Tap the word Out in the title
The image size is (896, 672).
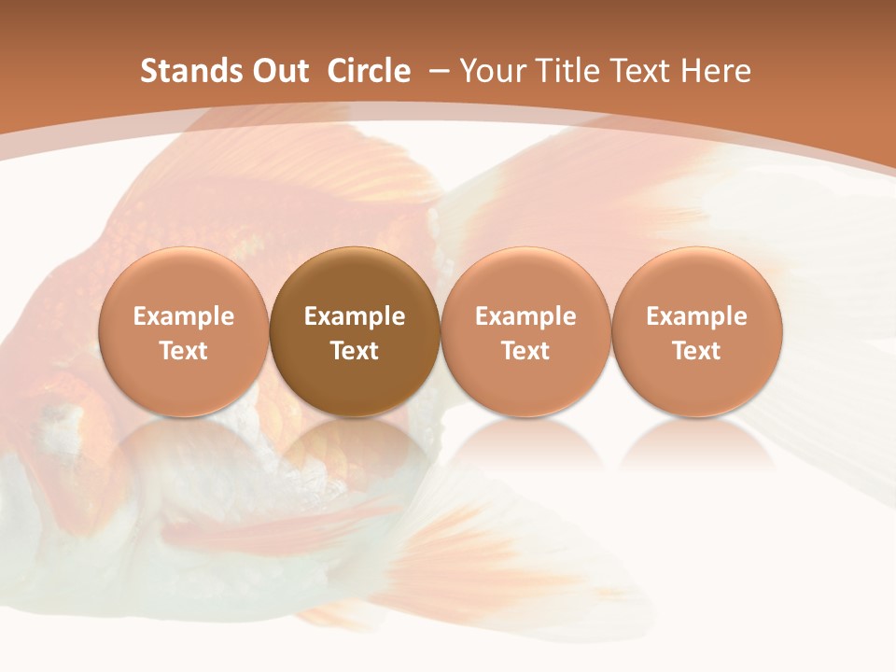(x=277, y=71)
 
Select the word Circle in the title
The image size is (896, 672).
(x=369, y=71)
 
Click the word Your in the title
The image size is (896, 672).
(x=490, y=71)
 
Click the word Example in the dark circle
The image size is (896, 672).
(x=355, y=316)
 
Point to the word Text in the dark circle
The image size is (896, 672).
(x=355, y=351)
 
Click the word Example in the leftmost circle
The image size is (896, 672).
(x=184, y=316)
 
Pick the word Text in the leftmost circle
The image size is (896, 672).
(x=184, y=351)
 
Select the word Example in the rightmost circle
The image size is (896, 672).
(x=697, y=316)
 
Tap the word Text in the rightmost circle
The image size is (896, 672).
(x=697, y=351)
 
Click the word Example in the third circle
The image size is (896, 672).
(x=525, y=316)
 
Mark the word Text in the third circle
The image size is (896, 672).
(x=525, y=351)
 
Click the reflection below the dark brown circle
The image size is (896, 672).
(x=355, y=448)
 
